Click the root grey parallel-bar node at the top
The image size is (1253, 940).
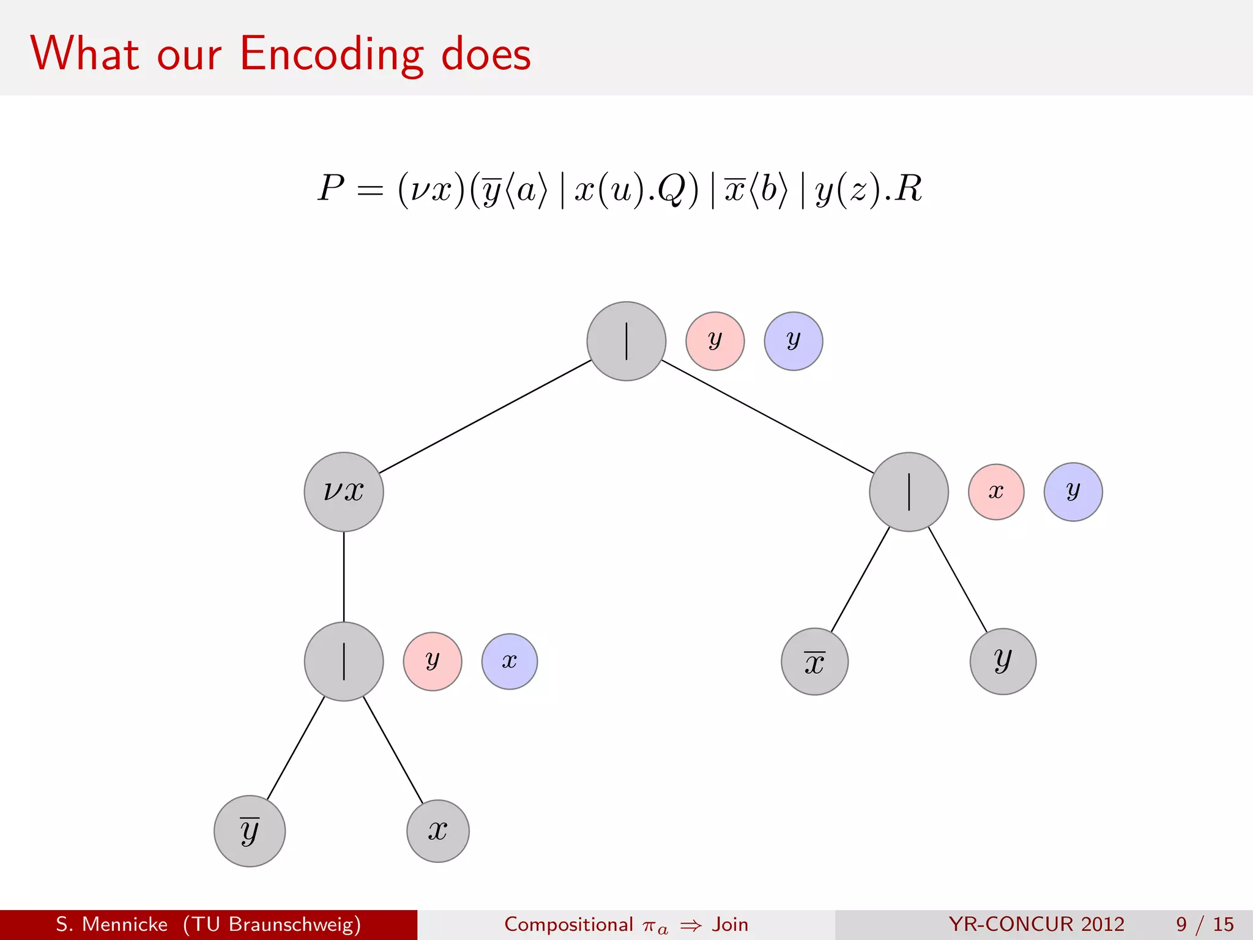click(626, 341)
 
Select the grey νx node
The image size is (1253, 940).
click(344, 491)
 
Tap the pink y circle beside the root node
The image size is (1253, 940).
click(715, 341)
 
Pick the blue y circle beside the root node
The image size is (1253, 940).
click(793, 341)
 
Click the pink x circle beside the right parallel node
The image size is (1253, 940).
click(996, 491)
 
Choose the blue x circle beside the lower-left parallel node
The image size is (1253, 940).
click(509, 661)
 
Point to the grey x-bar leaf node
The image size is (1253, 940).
click(814, 662)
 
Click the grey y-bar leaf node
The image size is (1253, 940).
click(250, 830)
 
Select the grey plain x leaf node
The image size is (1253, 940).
click(438, 830)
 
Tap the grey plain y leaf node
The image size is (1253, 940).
click(1003, 662)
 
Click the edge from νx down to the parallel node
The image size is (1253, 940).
click(344, 576)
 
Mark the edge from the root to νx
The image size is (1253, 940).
click(485, 416)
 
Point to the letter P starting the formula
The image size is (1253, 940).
click(331, 188)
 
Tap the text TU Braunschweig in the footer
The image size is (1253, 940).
click(272, 924)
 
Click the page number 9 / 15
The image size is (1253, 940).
click(1204, 924)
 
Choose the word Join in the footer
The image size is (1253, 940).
click(730, 924)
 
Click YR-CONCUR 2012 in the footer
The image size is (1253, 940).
click(1036, 924)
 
